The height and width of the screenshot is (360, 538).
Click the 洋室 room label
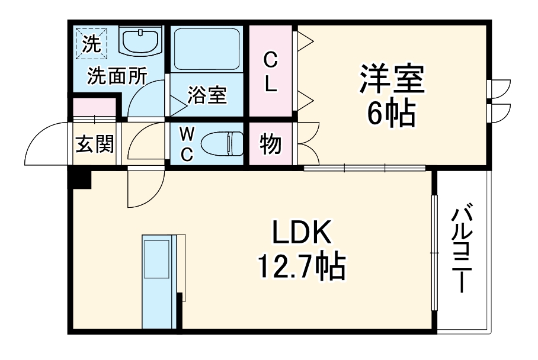(x=390, y=81)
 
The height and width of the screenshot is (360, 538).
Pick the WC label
(x=186, y=143)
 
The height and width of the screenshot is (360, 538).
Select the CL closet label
(x=271, y=71)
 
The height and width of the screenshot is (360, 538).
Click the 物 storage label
(x=270, y=144)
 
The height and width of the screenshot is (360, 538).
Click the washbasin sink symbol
(x=140, y=42)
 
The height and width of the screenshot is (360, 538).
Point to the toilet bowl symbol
(x=222, y=144)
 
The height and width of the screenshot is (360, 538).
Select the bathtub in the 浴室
(x=206, y=50)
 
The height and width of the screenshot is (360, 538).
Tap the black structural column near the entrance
(x=79, y=178)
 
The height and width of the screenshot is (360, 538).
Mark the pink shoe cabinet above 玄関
(x=94, y=109)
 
